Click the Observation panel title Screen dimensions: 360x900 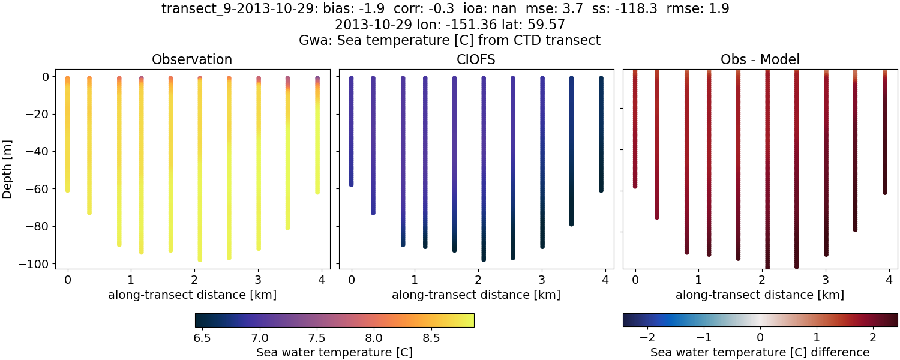pos(192,59)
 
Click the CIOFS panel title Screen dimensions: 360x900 pos(476,59)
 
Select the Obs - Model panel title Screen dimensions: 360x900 pos(760,59)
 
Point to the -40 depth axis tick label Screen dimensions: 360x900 pos(38,151)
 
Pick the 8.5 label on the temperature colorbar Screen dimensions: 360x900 pos(431,338)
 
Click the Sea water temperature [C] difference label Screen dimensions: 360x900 pos(760,352)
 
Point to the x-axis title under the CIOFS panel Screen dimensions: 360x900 pos(476,295)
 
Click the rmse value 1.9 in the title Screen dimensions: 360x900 pos(719,9)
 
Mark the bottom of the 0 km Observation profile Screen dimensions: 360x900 pos(68,190)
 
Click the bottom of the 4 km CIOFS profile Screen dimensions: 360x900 pos(601,190)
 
